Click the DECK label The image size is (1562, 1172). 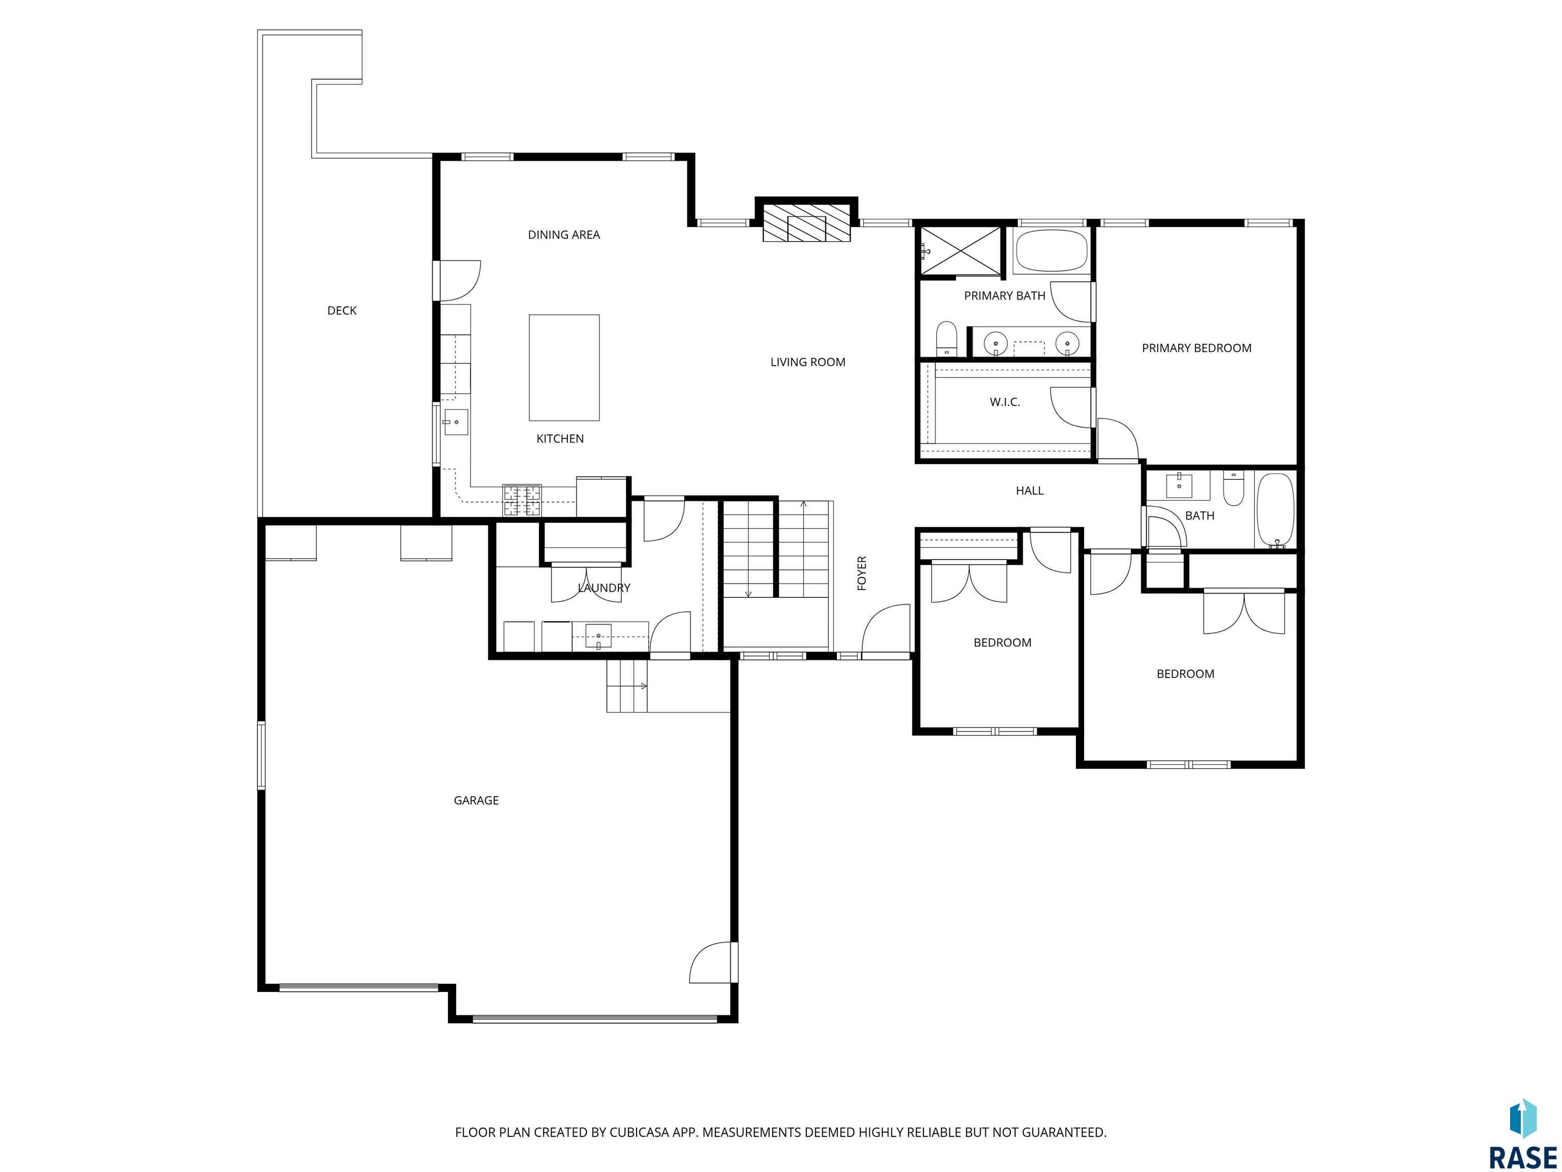click(342, 311)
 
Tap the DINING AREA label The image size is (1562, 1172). click(563, 235)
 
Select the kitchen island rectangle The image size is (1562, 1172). click(564, 368)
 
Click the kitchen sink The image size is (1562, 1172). click(456, 422)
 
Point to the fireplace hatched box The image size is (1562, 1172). click(806, 223)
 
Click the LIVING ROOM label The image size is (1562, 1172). click(808, 362)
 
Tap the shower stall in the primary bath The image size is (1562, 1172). click(960, 251)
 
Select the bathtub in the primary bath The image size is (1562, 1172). click(1051, 251)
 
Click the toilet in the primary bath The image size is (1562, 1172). click(946, 339)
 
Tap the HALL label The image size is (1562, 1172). click(1030, 491)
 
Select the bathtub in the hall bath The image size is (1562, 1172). click(1275, 511)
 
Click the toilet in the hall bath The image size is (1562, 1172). click(1234, 488)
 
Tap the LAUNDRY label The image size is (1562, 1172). click(604, 588)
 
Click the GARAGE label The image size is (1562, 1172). click(476, 800)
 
